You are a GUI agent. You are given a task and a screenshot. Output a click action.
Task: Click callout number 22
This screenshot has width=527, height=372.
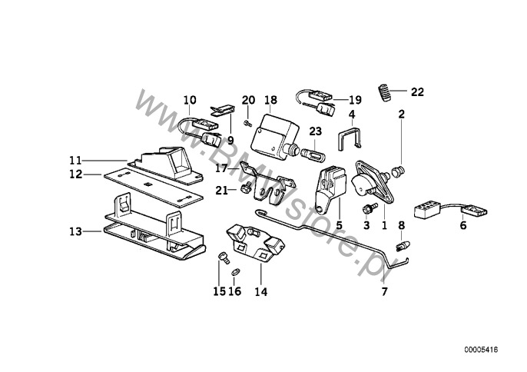coord(416,92)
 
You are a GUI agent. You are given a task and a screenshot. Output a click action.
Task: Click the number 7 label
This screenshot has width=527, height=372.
coord(386,292)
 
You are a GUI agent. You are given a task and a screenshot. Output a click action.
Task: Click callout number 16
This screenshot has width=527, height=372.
coord(236,292)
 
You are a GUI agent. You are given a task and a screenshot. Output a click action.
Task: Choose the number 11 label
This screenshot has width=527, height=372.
coord(75,161)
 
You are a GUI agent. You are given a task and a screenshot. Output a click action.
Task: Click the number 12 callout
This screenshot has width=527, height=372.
coord(75,174)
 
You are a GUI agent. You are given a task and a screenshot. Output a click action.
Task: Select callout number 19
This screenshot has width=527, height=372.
coord(354,100)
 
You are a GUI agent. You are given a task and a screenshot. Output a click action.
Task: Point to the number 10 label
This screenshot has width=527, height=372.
coord(191,100)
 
